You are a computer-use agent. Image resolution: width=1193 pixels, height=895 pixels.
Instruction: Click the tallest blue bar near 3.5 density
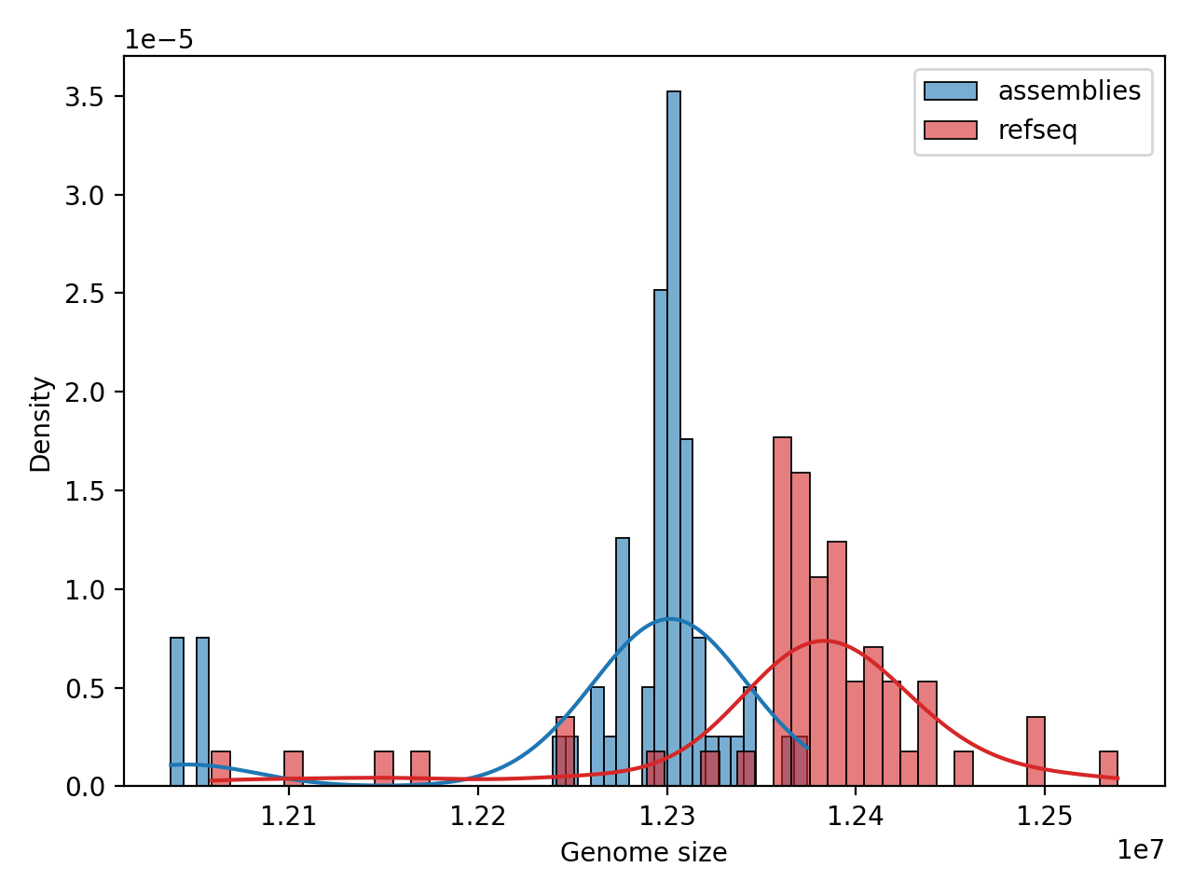(x=674, y=438)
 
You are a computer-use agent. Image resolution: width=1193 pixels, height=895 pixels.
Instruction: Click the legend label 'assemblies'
(x=1069, y=91)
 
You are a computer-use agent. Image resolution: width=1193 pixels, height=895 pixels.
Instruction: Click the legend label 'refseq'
(x=1037, y=131)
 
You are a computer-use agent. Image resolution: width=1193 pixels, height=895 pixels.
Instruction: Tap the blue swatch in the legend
(x=950, y=91)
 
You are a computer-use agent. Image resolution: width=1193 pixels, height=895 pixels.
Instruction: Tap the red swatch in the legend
(x=950, y=131)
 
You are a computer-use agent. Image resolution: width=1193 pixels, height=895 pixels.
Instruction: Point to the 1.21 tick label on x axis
(x=288, y=817)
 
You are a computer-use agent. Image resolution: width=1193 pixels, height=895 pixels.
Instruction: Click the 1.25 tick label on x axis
(x=1044, y=817)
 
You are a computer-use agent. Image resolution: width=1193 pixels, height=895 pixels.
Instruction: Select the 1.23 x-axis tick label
(x=666, y=817)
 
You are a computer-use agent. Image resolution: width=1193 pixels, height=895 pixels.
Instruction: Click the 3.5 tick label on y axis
(x=83, y=97)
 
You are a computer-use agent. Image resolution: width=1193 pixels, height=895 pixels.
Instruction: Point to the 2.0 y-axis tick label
(x=83, y=392)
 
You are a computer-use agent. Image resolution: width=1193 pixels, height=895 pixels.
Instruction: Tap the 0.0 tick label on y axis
(x=83, y=787)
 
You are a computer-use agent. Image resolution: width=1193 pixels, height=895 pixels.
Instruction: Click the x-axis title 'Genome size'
(x=643, y=852)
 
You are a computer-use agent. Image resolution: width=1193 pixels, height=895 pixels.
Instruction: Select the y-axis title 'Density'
(x=41, y=424)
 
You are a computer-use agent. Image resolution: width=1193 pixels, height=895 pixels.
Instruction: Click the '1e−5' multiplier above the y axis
(x=159, y=40)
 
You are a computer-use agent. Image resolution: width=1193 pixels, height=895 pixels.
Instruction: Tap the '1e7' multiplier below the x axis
(x=1140, y=849)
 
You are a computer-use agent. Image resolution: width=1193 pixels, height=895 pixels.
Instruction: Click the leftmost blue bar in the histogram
(x=177, y=712)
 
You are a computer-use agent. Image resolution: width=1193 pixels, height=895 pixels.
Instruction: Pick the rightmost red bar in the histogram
(x=1108, y=769)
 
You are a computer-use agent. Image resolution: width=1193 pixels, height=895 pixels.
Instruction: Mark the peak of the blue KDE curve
(x=669, y=619)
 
